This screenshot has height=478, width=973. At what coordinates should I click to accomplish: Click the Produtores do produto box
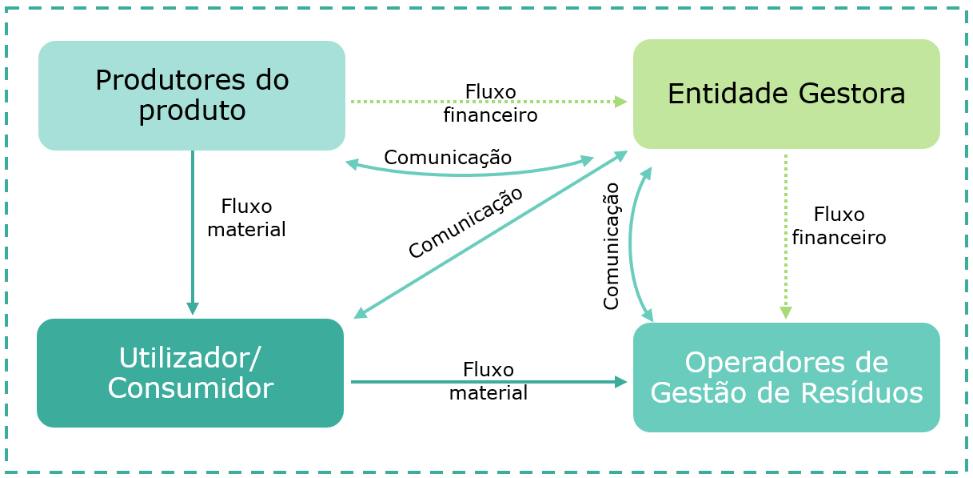point(192,95)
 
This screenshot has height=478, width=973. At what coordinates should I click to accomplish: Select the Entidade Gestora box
point(786,94)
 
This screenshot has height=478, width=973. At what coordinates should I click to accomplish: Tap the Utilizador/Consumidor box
point(190,373)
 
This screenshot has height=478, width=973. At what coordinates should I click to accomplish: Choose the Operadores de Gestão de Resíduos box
point(786,377)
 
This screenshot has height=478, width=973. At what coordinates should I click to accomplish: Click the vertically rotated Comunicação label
point(611,247)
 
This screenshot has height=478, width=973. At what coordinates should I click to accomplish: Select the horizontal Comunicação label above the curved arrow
point(448,157)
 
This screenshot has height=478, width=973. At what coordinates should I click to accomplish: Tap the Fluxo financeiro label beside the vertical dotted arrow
point(839,226)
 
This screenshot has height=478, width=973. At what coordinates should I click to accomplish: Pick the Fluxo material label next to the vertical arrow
point(246,218)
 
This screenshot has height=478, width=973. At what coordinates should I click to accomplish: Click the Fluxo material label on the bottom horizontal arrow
point(488,381)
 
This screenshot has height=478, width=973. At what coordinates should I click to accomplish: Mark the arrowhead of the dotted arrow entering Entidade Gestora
point(621,102)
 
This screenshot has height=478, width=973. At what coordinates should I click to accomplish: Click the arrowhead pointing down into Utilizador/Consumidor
point(193,309)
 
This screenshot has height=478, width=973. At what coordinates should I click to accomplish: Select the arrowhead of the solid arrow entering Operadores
point(621,382)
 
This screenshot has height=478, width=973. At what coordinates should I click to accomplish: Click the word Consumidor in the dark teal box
point(190,388)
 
